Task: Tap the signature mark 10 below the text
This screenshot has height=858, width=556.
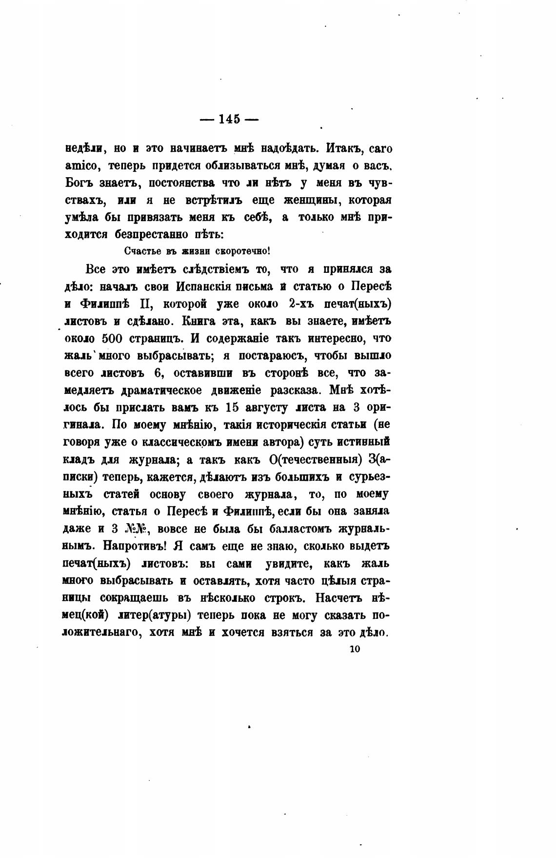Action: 355,649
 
